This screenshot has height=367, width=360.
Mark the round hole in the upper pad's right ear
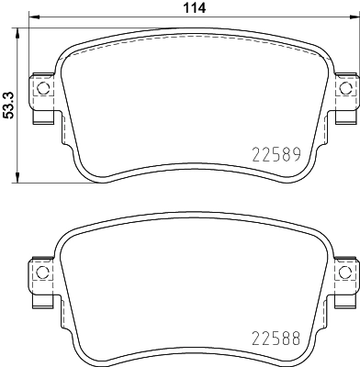345,88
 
